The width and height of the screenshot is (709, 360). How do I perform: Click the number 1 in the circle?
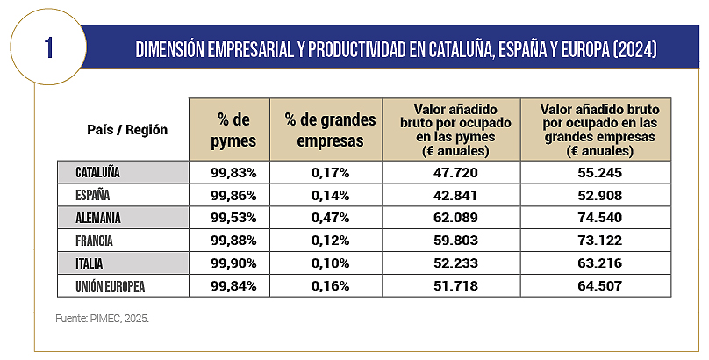(x=48, y=47)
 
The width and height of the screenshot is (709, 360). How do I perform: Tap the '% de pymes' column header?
(x=231, y=129)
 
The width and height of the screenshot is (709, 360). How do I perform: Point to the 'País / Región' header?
(x=127, y=129)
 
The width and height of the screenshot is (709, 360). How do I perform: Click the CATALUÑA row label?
(x=98, y=172)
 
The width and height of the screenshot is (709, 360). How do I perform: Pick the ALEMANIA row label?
(x=98, y=218)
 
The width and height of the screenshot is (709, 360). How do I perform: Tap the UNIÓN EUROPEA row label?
(x=110, y=285)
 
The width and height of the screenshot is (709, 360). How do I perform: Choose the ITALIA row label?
(x=93, y=263)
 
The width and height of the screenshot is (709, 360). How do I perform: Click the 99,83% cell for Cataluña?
(x=231, y=172)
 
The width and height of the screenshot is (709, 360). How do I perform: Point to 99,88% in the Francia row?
(x=231, y=240)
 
